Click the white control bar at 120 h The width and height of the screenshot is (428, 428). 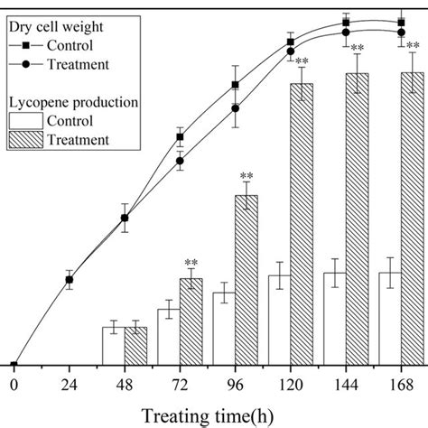[279, 320]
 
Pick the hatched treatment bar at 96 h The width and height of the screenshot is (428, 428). [246, 280]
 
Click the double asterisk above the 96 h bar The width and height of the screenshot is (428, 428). [246, 176]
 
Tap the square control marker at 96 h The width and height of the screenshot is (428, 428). [235, 85]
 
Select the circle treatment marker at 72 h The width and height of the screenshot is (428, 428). [180, 163]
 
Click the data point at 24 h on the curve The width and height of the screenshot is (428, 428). [69, 280]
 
